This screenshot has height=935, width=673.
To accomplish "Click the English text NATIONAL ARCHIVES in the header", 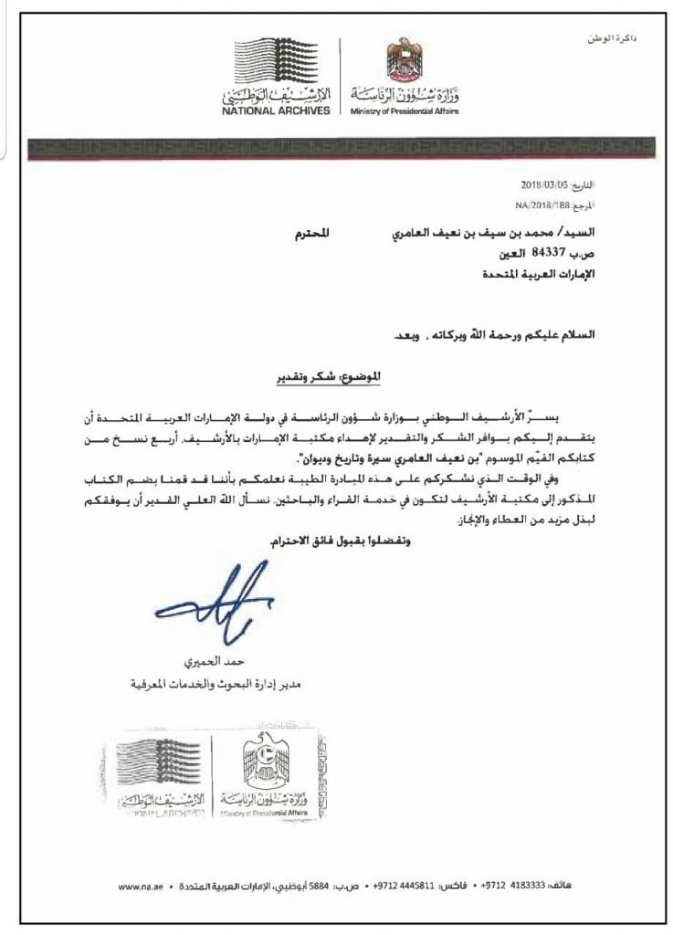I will pyautogui.click(x=272, y=112).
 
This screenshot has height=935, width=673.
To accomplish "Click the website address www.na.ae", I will pyautogui.click(x=141, y=888).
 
